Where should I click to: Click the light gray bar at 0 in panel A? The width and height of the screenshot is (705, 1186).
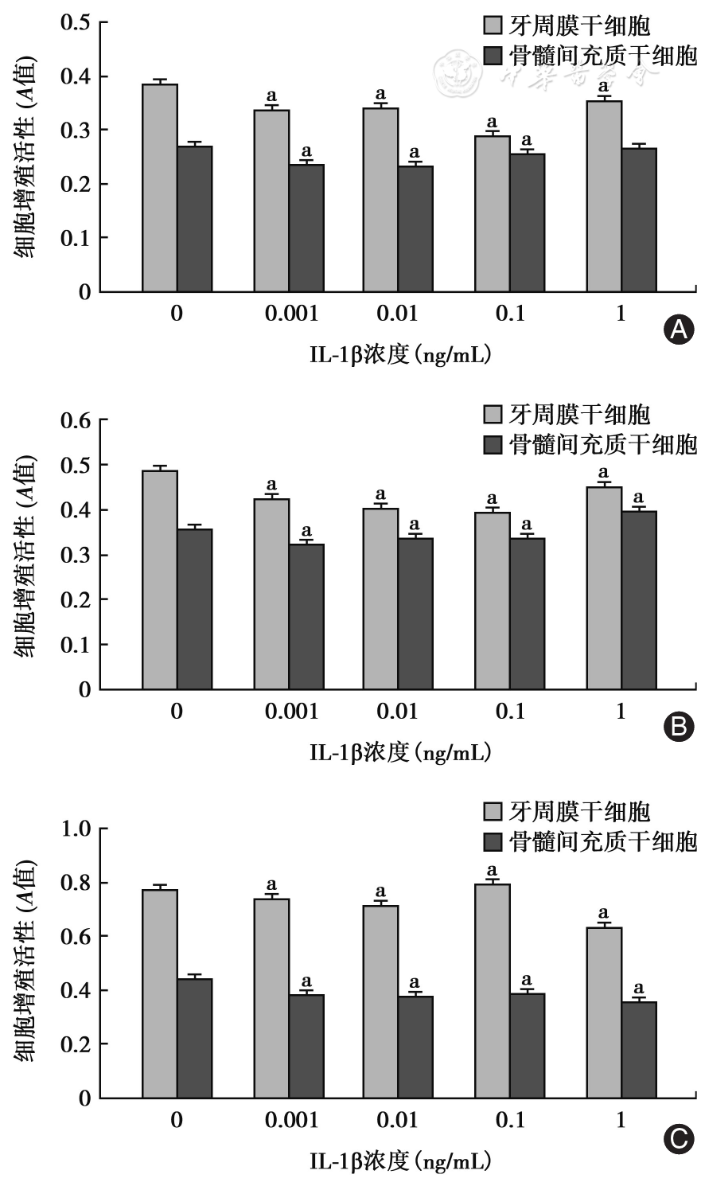click(x=160, y=188)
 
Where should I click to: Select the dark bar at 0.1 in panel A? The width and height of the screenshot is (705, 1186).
click(x=528, y=223)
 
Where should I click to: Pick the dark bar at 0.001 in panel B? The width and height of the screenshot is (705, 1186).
click(x=306, y=616)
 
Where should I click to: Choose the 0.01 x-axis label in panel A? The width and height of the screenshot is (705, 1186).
click(x=397, y=313)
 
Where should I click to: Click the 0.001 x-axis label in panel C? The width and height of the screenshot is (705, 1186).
click(x=290, y=1120)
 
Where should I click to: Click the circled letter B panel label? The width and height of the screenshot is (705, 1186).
click(x=678, y=727)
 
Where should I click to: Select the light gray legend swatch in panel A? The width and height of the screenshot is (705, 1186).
click(x=493, y=26)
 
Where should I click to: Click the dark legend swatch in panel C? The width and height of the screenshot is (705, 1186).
click(x=493, y=841)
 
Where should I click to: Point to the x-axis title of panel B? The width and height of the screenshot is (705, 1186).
click(x=399, y=751)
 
